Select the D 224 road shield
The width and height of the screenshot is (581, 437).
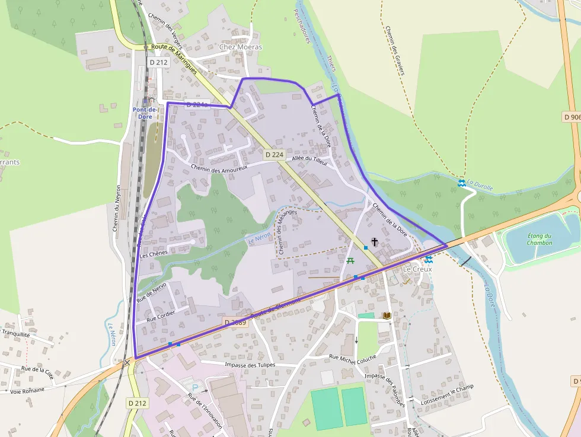coord(274,154)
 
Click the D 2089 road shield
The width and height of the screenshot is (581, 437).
coord(235,323)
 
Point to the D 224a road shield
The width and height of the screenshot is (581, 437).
coord(197,104)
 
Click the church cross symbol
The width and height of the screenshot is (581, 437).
coord(374,242)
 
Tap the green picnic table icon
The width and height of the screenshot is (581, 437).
coord(350,260)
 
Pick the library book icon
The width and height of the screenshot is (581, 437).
coord(387,316)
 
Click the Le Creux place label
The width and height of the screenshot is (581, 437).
coord(417,269)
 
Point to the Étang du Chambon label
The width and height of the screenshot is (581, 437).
coord(539,239)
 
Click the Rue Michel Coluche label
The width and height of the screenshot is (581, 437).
coord(353,357)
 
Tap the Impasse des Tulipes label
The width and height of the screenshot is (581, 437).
coord(251,365)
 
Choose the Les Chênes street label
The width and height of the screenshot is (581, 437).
coord(154,253)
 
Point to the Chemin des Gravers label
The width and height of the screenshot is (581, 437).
coord(394,51)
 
